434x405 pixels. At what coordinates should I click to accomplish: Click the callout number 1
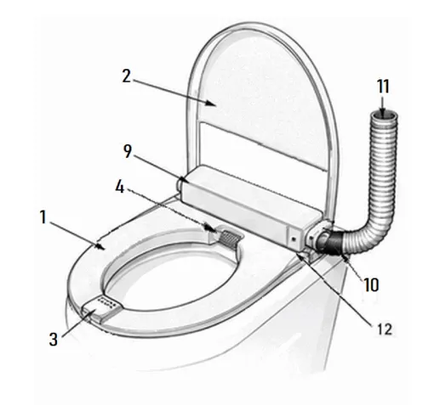point(43,217)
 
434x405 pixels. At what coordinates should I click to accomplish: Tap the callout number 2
point(127,76)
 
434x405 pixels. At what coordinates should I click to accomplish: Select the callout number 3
point(54,339)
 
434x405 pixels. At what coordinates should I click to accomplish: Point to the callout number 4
point(120,187)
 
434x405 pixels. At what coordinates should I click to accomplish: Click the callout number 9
point(128,151)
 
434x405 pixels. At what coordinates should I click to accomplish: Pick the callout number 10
point(371,284)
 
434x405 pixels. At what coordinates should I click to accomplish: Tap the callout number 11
point(383,87)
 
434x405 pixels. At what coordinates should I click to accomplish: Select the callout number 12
point(385,329)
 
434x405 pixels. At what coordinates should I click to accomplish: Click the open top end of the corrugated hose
point(385,116)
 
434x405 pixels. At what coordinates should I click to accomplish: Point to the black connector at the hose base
point(332,243)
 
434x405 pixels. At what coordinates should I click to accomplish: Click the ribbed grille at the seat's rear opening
point(230,239)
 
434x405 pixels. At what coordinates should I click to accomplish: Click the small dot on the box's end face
point(294,239)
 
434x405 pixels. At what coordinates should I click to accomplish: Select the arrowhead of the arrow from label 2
point(212,104)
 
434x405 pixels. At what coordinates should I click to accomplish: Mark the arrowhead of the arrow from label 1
point(100,246)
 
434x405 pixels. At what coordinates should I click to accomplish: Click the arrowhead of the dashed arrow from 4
point(212,228)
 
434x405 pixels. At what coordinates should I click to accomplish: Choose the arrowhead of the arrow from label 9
point(184,179)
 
